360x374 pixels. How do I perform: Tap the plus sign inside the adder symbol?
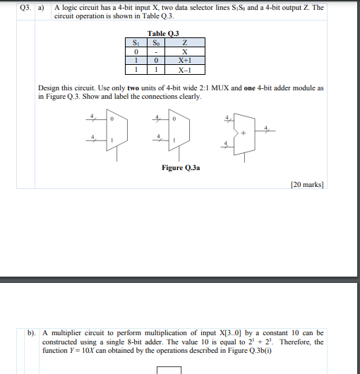point(244,132)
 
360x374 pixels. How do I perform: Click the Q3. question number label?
point(24,8)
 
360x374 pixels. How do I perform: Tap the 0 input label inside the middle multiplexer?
point(175,120)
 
